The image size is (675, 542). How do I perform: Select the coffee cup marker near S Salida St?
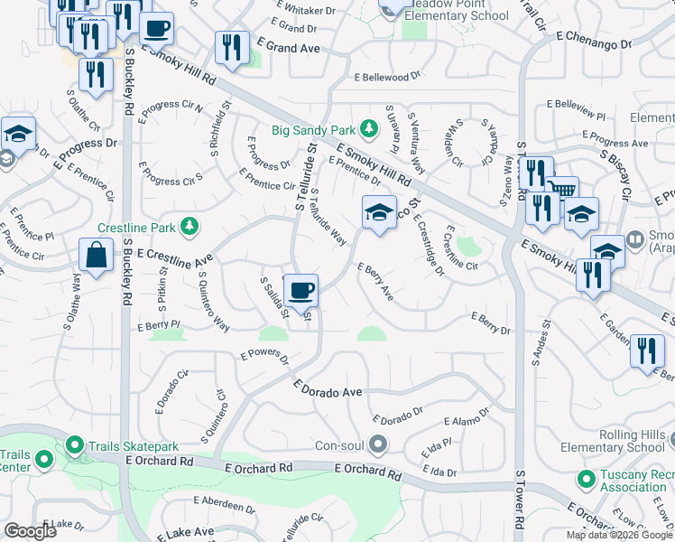pyautogui.click(x=301, y=290)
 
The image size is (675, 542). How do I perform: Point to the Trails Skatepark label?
pyautogui.click(x=134, y=446)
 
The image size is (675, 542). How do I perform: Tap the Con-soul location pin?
pyautogui.click(x=378, y=444)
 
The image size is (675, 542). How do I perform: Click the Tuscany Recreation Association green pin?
pyautogui.click(x=586, y=478)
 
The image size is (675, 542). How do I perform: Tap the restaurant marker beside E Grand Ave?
pyautogui.click(x=232, y=48)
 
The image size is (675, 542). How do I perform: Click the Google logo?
pyautogui.click(x=31, y=532)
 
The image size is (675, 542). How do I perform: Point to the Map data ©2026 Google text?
pyautogui.click(x=618, y=535)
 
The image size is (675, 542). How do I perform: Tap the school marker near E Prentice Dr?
pyautogui.click(x=380, y=213)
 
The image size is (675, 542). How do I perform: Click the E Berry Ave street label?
pyautogui.click(x=375, y=281)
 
